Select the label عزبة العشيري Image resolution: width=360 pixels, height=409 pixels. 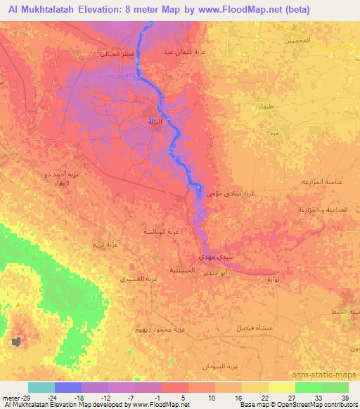134,279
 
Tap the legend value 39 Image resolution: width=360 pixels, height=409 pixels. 345,397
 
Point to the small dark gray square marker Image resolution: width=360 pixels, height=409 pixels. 15,342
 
